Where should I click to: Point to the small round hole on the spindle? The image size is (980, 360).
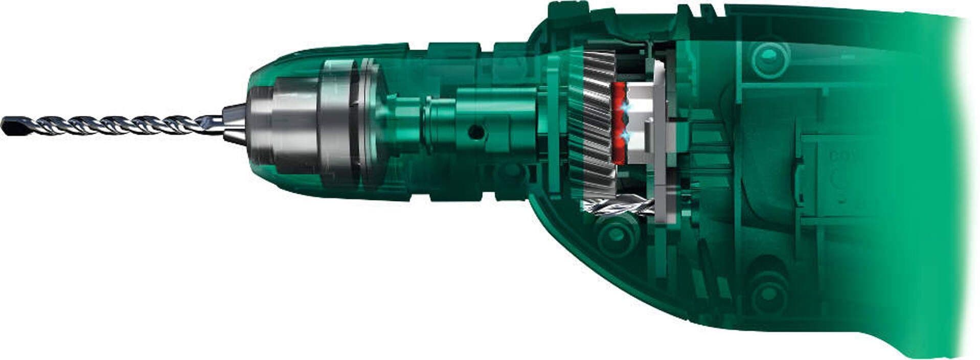(476, 132)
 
